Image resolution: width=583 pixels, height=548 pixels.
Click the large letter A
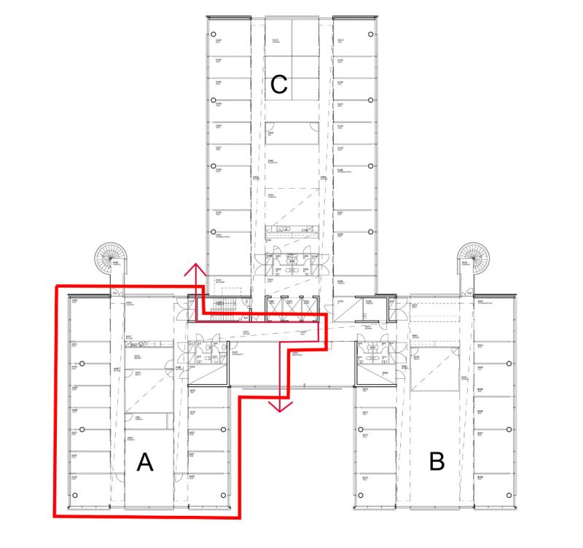[x=145, y=462]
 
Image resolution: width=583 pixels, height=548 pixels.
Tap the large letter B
[x=437, y=461]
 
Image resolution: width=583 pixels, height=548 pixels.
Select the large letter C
[x=278, y=85]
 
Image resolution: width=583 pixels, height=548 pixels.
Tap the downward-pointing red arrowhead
[x=278, y=405]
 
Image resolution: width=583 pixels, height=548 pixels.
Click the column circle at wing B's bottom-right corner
[x=507, y=496]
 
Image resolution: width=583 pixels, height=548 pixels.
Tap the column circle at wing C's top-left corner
[x=216, y=34]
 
